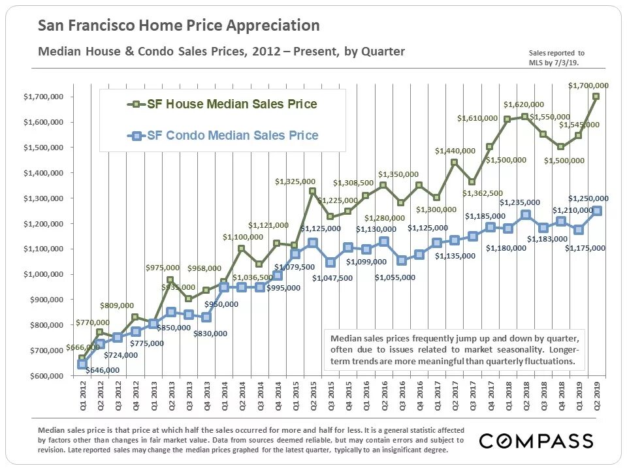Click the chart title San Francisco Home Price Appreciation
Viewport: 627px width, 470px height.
tap(179, 25)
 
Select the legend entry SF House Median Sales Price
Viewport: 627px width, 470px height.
tap(225, 104)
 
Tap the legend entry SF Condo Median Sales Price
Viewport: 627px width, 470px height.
tap(225, 136)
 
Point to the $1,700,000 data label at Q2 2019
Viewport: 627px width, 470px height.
tap(588, 85)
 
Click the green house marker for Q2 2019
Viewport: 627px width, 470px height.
tap(596, 97)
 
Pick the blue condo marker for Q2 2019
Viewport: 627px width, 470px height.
tap(597, 211)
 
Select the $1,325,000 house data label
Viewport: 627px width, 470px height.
tap(295, 181)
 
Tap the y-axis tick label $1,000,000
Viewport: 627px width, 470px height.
tap(44, 274)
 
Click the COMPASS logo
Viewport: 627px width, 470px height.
tap(536, 441)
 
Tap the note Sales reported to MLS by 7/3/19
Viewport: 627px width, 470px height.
tap(556, 57)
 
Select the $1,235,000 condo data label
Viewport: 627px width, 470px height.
tap(520, 202)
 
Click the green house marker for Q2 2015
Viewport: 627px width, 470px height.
tap(313, 191)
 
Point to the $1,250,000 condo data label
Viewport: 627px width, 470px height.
tap(588, 198)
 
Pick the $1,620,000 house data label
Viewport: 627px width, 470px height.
tap(523, 104)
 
